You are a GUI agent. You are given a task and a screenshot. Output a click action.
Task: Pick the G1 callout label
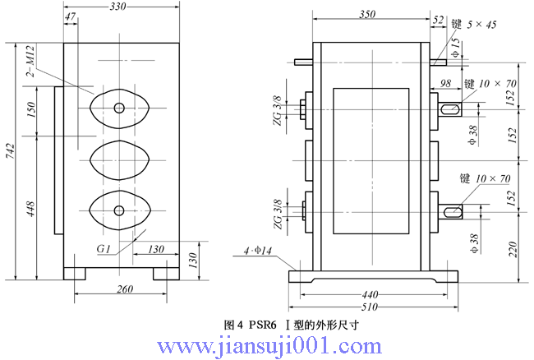(x=104, y=247)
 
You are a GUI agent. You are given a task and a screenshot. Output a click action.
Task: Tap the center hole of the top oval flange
(x=119, y=107)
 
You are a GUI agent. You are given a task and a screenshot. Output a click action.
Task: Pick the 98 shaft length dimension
(x=446, y=83)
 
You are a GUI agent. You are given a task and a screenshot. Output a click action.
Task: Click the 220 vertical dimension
(x=512, y=248)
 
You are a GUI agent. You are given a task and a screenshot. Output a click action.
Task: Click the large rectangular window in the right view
(x=371, y=159)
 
